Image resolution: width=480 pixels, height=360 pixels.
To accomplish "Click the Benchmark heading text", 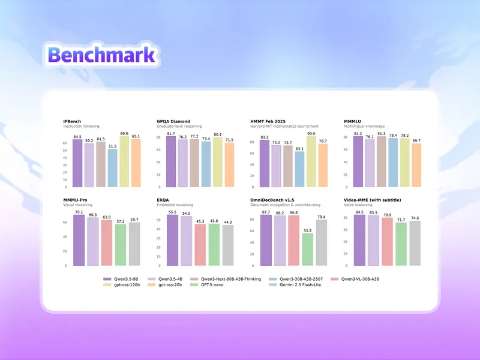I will point(101,55).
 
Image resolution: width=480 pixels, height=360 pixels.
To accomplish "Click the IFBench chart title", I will point(74,121).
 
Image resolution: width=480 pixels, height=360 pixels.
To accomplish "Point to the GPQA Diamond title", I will point(173,121).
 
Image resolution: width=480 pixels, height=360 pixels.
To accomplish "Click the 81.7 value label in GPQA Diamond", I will point(170,134).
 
